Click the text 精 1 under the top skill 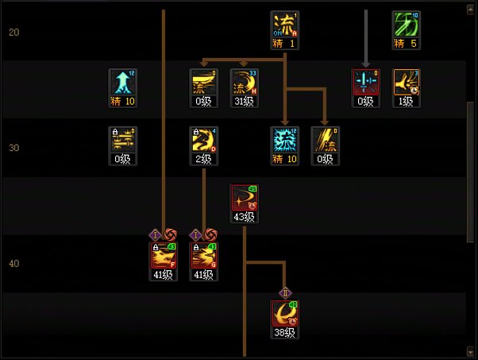tap(283, 43)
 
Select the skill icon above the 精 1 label tap(283, 24)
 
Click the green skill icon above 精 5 tap(405, 24)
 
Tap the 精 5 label tap(405, 43)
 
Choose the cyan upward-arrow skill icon tap(122, 82)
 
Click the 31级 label tap(244, 101)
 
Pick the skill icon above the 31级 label tap(244, 82)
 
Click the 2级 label tap(202, 159)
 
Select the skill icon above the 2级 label tap(202, 140)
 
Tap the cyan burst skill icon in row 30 tap(283, 140)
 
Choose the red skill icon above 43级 tap(244, 198)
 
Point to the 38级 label tap(284, 333)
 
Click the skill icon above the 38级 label tap(284, 314)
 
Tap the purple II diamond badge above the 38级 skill tap(284, 292)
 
